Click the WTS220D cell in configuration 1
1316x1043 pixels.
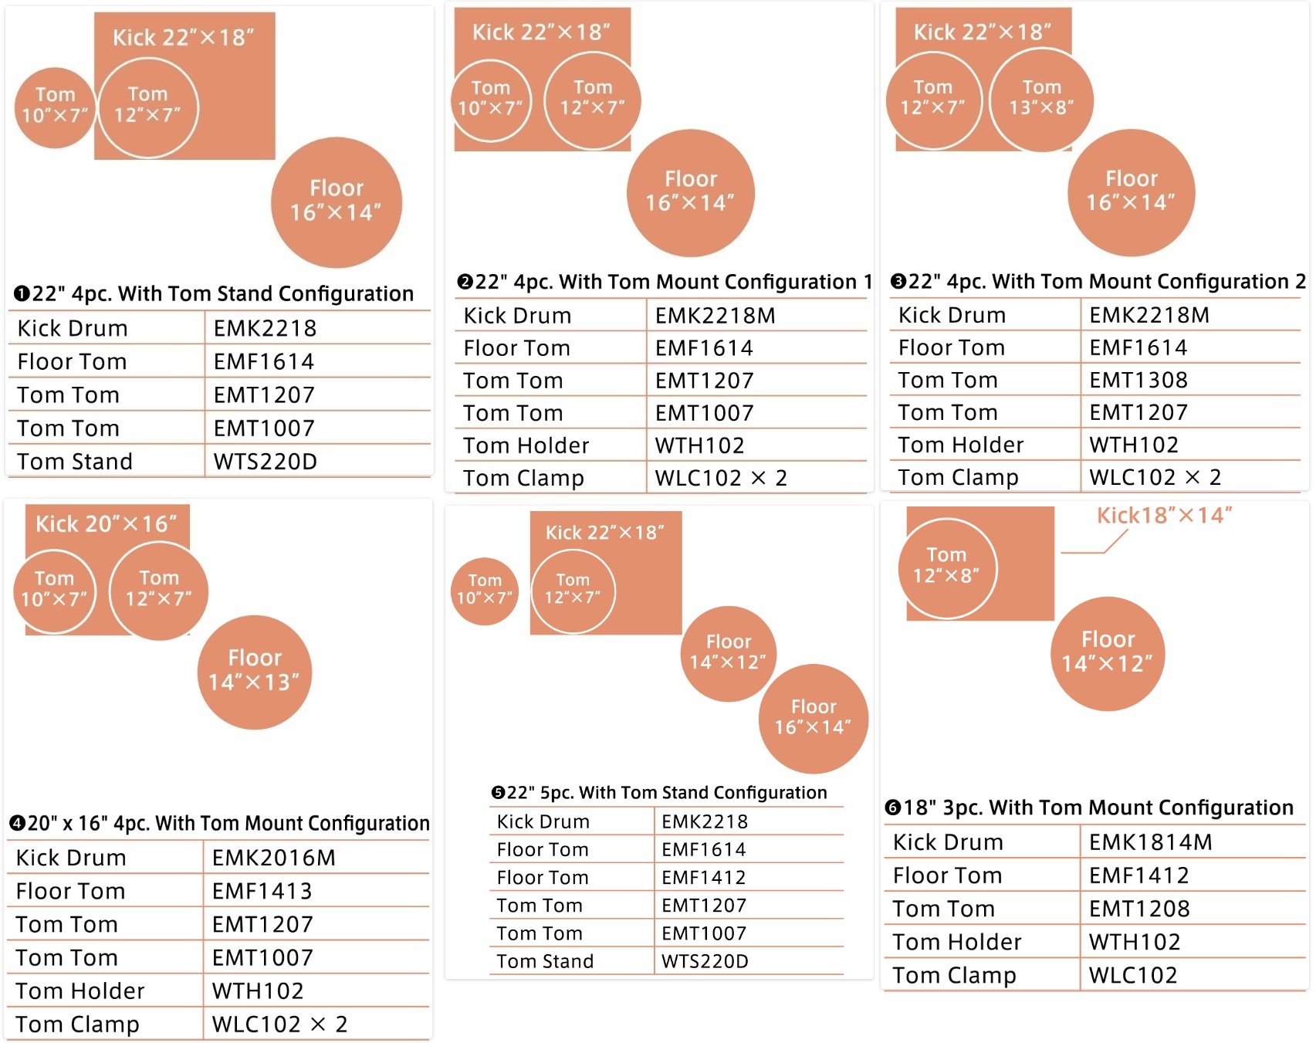(265, 461)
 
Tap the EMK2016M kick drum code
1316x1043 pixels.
(273, 858)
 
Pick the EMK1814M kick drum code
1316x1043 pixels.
(1150, 842)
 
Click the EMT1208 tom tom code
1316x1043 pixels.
(1139, 909)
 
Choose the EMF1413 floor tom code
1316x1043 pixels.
(262, 891)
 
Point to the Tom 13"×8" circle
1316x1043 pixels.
(1041, 100)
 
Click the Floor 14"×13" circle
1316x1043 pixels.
(255, 672)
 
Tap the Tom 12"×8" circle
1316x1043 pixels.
(947, 568)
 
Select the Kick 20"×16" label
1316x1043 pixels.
(107, 523)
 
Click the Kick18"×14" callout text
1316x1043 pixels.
(1164, 515)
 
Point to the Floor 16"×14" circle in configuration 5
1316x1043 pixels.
(814, 718)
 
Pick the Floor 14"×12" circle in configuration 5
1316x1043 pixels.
(728, 653)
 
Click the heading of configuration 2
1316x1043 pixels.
(665, 282)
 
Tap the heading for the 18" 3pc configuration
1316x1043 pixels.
(1089, 808)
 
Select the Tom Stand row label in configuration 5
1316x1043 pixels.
(545, 961)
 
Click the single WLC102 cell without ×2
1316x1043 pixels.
(1132, 975)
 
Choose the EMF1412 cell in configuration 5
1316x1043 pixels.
(703, 878)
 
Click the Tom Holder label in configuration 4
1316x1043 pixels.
(80, 991)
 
